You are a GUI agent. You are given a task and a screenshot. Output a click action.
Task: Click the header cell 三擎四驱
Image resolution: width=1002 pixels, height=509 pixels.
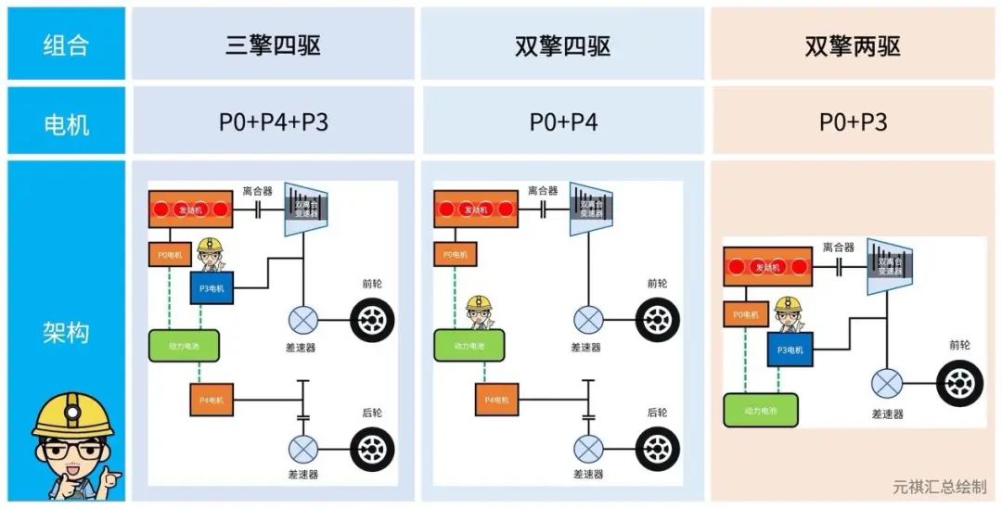click(x=273, y=45)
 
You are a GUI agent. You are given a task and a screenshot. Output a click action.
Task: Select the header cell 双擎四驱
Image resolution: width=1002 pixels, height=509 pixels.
click(x=562, y=45)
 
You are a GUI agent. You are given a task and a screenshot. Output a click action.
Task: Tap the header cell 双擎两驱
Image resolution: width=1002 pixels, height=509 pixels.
click(x=852, y=45)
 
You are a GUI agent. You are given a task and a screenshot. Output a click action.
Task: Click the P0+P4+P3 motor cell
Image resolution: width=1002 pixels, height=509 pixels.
click(x=273, y=121)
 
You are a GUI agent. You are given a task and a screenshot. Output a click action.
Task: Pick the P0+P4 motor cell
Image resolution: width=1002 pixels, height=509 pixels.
click(x=562, y=121)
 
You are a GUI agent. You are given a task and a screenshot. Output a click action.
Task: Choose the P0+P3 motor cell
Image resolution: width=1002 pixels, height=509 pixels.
click(x=852, y=121)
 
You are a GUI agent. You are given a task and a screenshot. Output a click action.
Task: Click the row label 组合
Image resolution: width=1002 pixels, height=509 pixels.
click(x=66, y=45)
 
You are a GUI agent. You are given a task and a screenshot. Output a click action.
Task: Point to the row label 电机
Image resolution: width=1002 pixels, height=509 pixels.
click(x=66, y=121)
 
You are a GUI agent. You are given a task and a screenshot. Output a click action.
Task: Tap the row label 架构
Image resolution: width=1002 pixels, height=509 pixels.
click(x=66, y=331)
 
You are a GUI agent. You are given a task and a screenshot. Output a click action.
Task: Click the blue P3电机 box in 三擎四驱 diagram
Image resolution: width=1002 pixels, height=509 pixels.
click(x=213, y=288)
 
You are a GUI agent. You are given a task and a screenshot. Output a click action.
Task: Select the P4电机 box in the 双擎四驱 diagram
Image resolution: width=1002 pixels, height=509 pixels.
click(x=497, y=400)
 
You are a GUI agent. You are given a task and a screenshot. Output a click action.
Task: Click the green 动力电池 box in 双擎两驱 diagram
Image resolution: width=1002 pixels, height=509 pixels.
click(x=759, y=409)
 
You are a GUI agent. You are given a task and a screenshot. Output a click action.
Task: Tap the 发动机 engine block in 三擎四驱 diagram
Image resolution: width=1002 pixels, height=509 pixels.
click(x=190, y=209)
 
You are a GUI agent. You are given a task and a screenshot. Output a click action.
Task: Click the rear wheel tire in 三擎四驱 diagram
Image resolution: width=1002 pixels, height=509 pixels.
click(x=371, y=448)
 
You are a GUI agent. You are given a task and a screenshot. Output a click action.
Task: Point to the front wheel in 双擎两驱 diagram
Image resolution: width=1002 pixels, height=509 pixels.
click(x=959, y=383)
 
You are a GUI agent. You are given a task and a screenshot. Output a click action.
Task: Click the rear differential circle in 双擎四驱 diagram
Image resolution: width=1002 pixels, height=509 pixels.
click(x=588, y=449)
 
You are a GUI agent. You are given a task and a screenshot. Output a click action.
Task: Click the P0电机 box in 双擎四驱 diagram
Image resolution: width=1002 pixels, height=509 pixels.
click(x=455, y=254)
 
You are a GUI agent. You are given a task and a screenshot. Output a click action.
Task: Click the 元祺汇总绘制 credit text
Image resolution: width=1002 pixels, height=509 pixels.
click(x=939, y=487)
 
